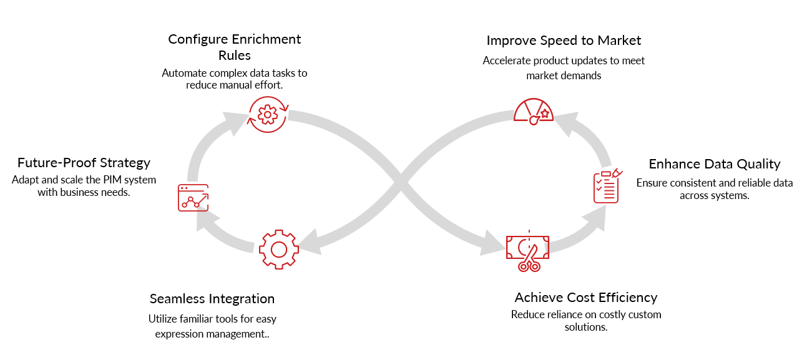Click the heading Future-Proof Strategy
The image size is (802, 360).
[84, 163]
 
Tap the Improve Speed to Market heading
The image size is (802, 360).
[564, 41]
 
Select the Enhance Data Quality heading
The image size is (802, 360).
[715, 164]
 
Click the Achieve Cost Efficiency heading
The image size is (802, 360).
[585, 297]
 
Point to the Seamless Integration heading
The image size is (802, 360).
[212, 298]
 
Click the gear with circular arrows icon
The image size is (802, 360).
[268, 114]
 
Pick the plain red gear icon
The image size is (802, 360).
[278, 250]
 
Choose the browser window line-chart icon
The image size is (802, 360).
[193, 197]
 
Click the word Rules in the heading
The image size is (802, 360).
[234, 56]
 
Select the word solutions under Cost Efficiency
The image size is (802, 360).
[585, 327]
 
